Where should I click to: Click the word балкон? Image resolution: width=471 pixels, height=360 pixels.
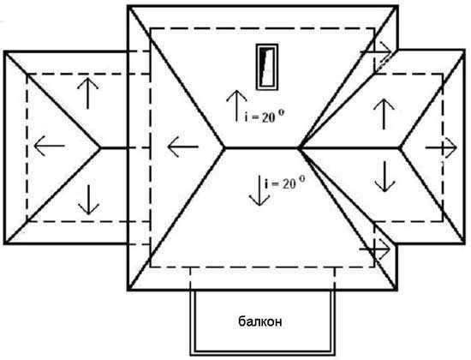(x=260, y=321)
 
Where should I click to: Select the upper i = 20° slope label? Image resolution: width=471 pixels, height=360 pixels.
(x=264, y=117)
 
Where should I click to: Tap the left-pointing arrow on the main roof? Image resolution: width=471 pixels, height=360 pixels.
(x=182, y=147)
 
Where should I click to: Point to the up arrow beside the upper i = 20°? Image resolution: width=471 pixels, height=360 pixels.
(x=236, y=105)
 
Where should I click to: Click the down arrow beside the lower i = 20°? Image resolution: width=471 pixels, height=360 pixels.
(x=259, y=190)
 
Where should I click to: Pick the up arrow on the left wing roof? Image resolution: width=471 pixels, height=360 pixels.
(x=87, y=93)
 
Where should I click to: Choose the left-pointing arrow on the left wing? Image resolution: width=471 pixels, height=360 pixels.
(x=50, y=146)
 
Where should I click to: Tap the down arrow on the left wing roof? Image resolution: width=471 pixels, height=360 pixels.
(x=88, y=200)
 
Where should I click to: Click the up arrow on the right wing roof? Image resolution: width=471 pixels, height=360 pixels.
(x=384, y=114)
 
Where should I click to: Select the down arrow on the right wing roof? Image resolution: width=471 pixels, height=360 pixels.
(x=385, y=177)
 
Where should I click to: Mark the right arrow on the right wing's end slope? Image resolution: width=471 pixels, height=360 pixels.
(x=441, y=147)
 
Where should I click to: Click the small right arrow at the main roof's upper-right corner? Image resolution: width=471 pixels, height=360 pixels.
(x=377, y=51)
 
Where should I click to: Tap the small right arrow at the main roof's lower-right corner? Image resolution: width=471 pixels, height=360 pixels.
(x=375, y=249)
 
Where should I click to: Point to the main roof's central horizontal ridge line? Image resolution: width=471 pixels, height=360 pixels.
(x=261, y=147)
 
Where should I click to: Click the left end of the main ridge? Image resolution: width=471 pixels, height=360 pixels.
(x=224, y=147)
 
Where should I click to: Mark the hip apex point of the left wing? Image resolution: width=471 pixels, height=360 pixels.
(x=100, y=147)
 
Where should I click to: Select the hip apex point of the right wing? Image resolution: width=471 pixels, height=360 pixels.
(x=400, y=147)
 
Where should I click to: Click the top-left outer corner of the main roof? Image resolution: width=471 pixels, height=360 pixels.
(x=128, y=6)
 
